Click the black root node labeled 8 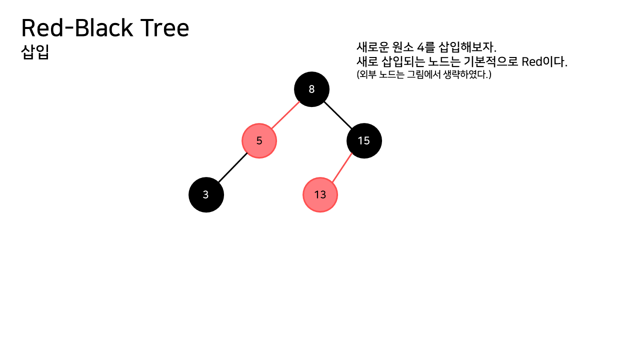(311, 89)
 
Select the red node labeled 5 (259, 141)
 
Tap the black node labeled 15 (364, 141)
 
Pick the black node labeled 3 (206, 194)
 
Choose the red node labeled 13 (320, 194)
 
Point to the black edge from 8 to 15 (337, 114)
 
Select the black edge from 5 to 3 (232, 167)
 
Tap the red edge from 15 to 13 (342, 167)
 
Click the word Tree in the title (164, 28)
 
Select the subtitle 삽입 (35, 52)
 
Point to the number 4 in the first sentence (419, 48)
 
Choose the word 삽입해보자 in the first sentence (466, 48)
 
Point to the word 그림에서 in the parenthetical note (423, 75)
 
